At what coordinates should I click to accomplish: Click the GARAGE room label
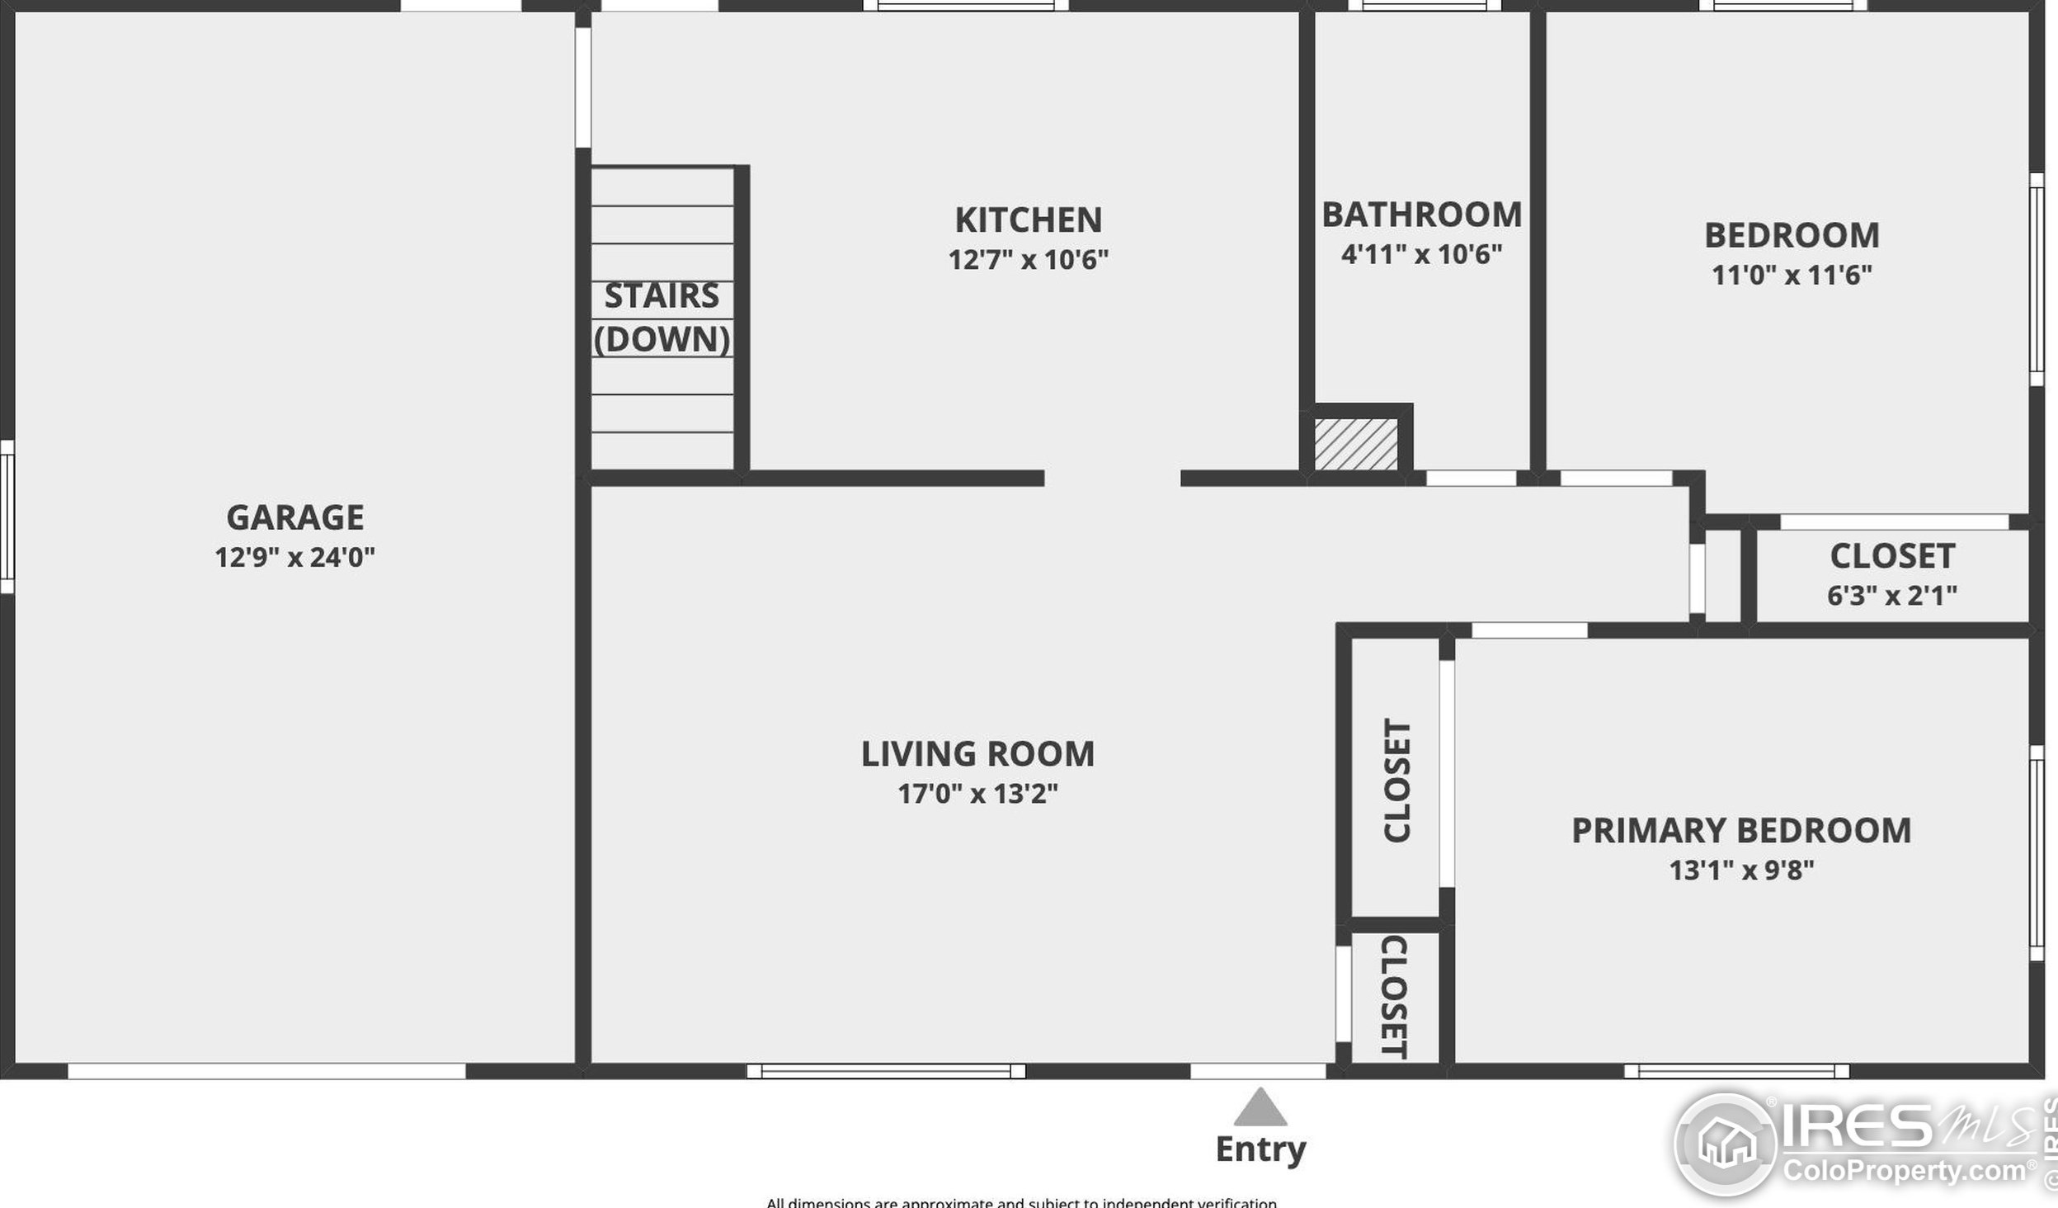tap(294, 517)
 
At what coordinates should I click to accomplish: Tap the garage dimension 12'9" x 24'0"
tap(294, 557)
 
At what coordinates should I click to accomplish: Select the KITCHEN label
tap(1028, 220)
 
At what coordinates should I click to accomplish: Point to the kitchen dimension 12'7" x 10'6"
tap(1028, 260)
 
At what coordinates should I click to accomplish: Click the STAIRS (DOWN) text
tap(662, 318)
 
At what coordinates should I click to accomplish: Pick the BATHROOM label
tap(1421, 215)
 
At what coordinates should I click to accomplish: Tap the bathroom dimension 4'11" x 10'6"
tap(1421, 254)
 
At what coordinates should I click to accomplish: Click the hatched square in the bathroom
tap(1355, 445)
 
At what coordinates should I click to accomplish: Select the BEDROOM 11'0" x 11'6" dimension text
tap(1791, 275)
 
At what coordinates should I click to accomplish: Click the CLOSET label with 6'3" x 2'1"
tap(1891, 556)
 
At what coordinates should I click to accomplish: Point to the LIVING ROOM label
tap(977, 754)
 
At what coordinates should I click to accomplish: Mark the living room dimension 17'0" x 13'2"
tap(977, 794)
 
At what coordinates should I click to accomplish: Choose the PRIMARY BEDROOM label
tap(1740, 830)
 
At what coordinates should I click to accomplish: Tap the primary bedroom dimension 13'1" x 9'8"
tap(1740, 870)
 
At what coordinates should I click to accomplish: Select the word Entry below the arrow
tap(1260, 1149)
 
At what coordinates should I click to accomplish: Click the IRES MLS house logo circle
tap(1726, 1144)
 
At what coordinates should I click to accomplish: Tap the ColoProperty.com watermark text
tap(1905, 1171)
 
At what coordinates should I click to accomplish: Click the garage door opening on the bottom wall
tap(266, 1072)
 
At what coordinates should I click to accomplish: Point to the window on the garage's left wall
tap(7, 517)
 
